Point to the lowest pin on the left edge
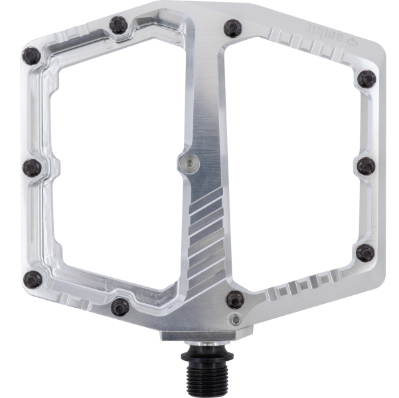coord(30,279)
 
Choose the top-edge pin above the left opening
coord(120,25)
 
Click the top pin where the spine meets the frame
coord(232,28)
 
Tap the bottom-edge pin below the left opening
coord(120,306)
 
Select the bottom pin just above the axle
coord(234,299)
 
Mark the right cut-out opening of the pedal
coord(292,159)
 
